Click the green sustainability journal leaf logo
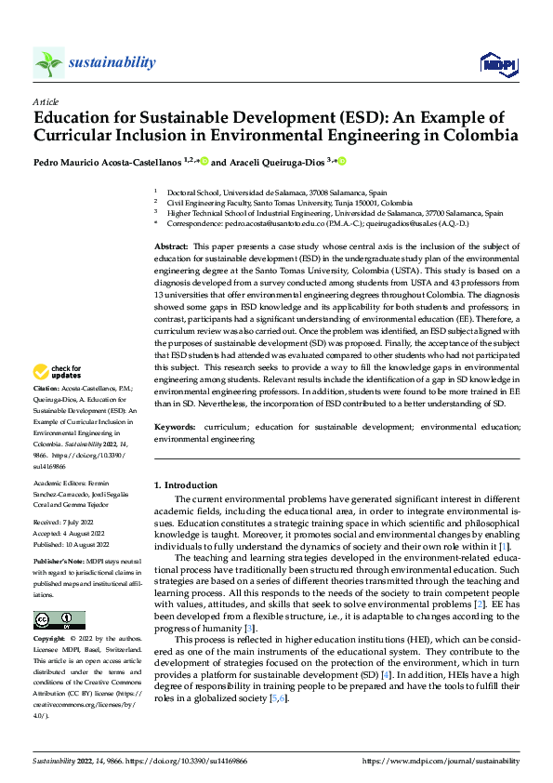pyautogui.click(x=48, y=62)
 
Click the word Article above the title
pyautogui.click(x=46, y=101)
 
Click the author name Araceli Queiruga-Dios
pyautogui.click(x=273, y=162)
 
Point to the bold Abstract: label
pyautogui.click(x=172, y=245)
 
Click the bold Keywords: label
pyautogui.click(x=175, y=426)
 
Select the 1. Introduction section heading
pyautogui.click(x=185, y=484)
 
